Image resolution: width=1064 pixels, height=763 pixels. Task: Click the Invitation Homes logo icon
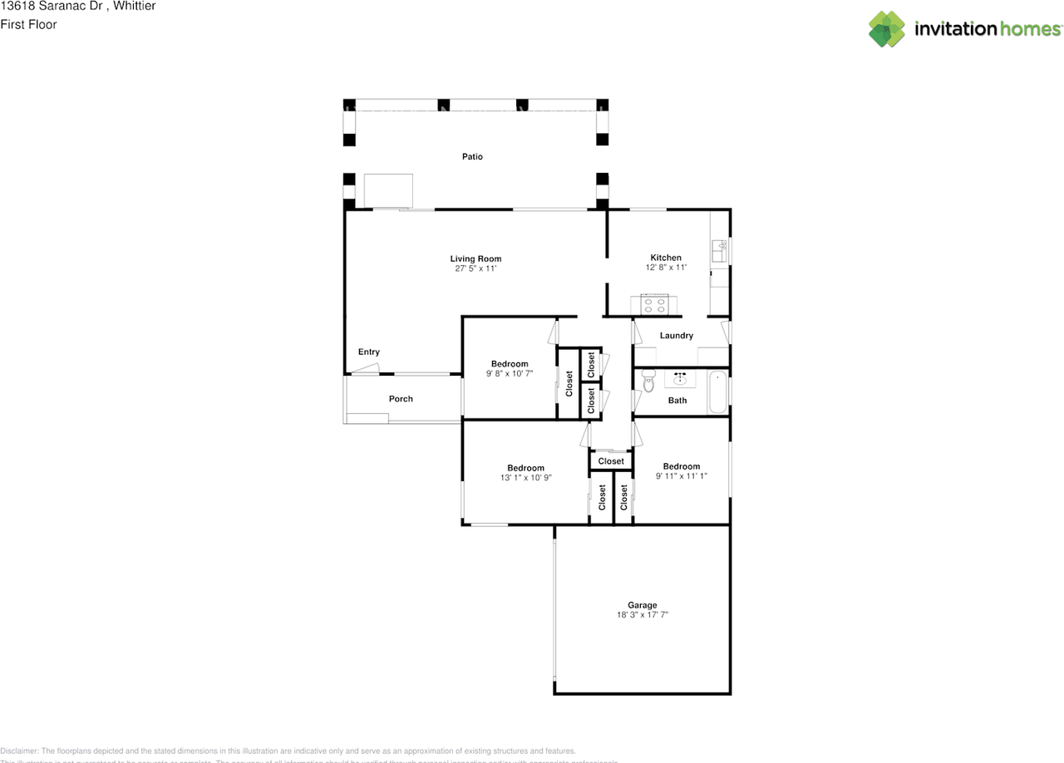[887, 29]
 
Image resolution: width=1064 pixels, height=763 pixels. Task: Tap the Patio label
[472, 156]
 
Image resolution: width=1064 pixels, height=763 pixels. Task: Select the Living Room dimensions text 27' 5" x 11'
[475, 268]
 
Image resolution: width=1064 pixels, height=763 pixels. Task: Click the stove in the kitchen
[654, 305]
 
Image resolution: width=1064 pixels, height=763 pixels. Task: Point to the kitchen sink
[720, 249]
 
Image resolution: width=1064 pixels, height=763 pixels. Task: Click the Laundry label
[676, 336]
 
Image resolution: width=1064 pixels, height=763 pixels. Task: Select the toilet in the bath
[648, 381]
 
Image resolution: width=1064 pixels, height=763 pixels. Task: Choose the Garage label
[642, 605]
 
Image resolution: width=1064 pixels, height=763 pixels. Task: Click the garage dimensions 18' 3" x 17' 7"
[642, 615]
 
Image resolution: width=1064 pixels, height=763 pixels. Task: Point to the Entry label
[368, 352]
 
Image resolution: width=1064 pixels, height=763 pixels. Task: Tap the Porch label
[401, 399]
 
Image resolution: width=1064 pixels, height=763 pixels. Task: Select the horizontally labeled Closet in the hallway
[610, 461]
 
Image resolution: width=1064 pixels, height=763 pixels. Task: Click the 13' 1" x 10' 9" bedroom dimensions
[525, 478]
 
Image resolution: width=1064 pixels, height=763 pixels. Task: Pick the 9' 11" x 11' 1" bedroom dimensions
[681, 476]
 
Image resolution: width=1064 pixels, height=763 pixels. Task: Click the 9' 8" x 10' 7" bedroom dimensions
[509, 374]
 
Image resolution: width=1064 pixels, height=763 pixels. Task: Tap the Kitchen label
[666, 258]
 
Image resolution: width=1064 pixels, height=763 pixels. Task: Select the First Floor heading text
[29, 24]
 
